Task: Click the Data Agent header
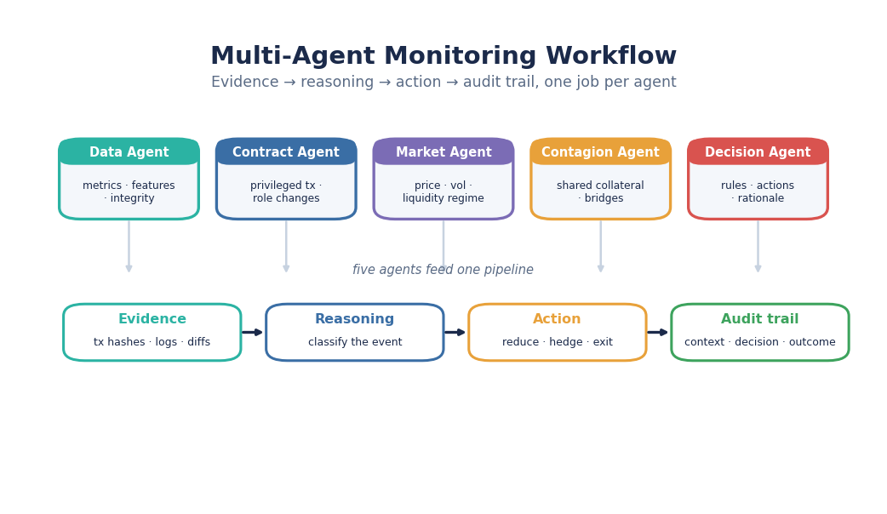coord(129,151)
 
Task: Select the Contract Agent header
coord(286,151)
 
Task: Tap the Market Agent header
coord(443,151)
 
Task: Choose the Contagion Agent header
coord(601,151)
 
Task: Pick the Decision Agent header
coord(758,151)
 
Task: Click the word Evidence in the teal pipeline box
coord(152,319)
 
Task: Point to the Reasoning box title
coord(355,319)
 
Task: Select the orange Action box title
coord(558,319)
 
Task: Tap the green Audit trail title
coord(759,319)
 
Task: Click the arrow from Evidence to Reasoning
coord(253,333)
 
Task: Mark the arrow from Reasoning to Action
coord(455,333)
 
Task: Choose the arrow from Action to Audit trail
coord(658,333)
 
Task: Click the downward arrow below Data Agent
coord(129,247)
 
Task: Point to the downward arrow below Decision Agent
coord(758,247)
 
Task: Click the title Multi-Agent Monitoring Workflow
coord(443,56)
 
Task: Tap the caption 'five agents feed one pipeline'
coord(443,270)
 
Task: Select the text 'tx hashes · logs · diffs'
coord(152,342)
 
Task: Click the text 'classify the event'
coord(355,342)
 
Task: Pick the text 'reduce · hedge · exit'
coord(558,342)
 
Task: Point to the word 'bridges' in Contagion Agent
coord(604,198)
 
